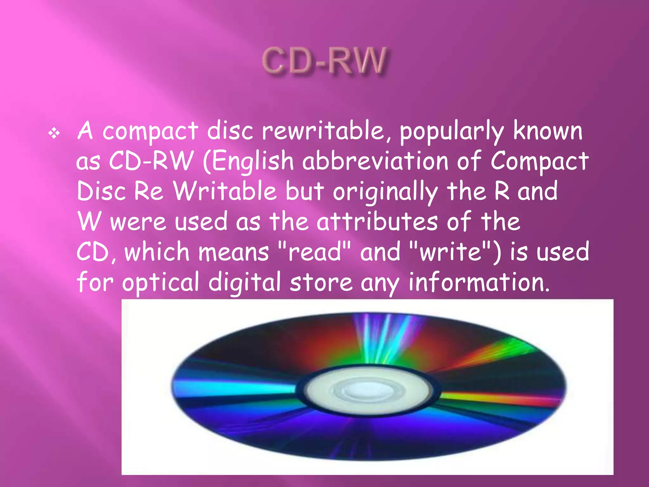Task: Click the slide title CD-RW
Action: tap(324, 61)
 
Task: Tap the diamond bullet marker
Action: tap(54, 133)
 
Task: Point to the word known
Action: tap(548, 131)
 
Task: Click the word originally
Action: tap(385, 192)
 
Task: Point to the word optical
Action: tap(160, 282)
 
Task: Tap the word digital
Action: tap(244, 282)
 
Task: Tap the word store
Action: tap(321, 282)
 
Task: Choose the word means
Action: tap(234, 252)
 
